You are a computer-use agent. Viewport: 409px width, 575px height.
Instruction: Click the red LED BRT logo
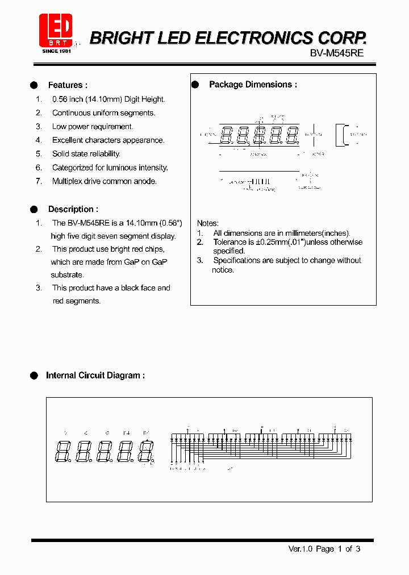tap(56, 30)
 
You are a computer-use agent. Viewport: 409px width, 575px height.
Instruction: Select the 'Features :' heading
tap(68, 85)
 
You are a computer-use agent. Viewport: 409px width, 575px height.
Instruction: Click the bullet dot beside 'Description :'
tap(34, 209)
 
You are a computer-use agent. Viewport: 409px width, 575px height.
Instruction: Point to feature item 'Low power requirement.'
tap(93, 127)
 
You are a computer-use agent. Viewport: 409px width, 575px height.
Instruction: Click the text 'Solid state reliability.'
tap(86, 154)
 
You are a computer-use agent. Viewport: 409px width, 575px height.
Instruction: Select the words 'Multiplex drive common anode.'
tap(105, 181)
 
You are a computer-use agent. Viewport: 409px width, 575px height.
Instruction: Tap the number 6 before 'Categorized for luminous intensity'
tap(39, 168)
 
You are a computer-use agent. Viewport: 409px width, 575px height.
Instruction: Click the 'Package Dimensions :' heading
tap(253, 85)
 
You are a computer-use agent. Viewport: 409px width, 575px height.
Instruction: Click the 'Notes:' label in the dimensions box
tap(208, 223)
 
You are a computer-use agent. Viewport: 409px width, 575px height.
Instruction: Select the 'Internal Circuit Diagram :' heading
tap(95, 376)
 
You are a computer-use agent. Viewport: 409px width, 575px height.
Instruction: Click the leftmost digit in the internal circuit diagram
tap(62, 451)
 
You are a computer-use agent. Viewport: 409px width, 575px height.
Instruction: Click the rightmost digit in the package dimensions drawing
tap(292, 136)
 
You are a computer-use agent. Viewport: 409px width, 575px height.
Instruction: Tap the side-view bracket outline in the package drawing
tap(342, 135)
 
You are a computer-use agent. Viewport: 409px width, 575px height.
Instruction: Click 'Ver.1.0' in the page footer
tap(301, 549)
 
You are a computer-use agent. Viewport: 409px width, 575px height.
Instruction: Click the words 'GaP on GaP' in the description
tap(147, 262)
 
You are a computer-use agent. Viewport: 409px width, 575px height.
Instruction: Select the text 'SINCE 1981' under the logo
tap(57, 51)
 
